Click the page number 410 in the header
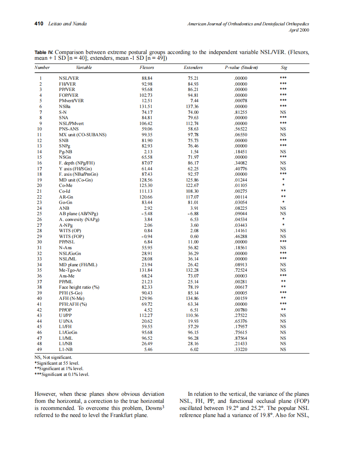[39, 24]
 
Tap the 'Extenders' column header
[193, 67]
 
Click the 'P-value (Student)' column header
[241, 67]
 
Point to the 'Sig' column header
[284, 67]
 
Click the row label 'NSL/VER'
[69, 78]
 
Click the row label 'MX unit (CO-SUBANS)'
[82, 135]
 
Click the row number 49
[39, 350]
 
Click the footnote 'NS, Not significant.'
[53, 357]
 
